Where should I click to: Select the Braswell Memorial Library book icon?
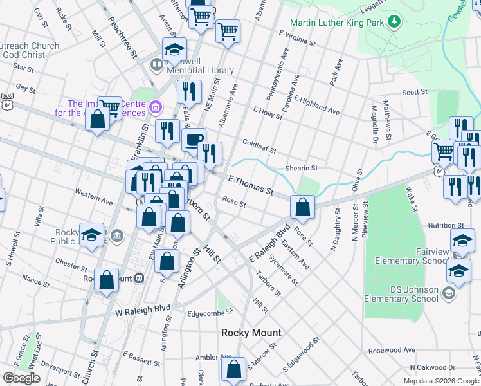(x=156, y=65)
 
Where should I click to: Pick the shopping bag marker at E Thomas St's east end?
(x=302, y=207)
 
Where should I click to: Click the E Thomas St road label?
(x=251, y=187)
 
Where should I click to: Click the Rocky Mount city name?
(x=251, y=333)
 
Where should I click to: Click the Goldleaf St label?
(x=259, y=146)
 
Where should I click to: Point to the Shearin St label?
(x=302, y=168)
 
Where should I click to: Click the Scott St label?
(x=415, y=92)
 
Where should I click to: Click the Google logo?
(x=22, y=378)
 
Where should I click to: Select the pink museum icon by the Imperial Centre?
(x=154, y=106)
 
